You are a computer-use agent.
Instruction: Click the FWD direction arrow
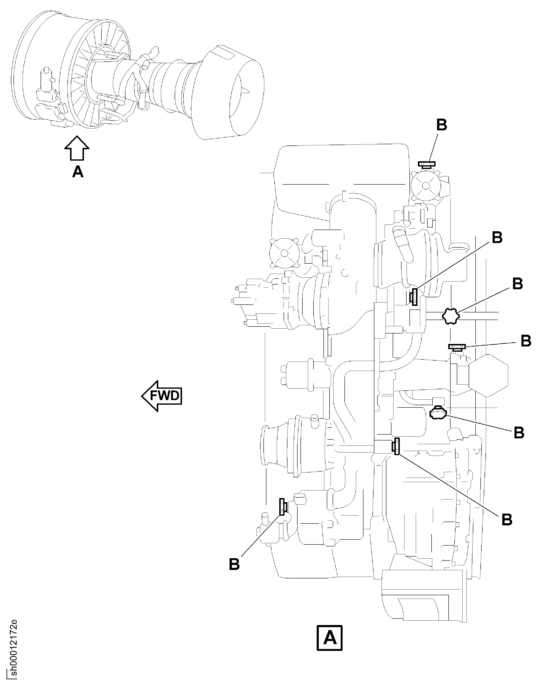coord(162,396)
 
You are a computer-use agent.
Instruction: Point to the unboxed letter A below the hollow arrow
coord(78,172)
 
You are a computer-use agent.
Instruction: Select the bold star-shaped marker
coord(451,316)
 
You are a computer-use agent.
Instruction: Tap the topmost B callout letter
coord(442,125)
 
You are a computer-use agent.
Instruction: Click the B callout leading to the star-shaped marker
coord(517,284)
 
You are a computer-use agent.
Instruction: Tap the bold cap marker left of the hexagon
coord(457,347)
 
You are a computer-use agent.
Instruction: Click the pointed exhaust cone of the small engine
coord(247,92)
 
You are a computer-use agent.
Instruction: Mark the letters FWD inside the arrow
coord(165,396)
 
